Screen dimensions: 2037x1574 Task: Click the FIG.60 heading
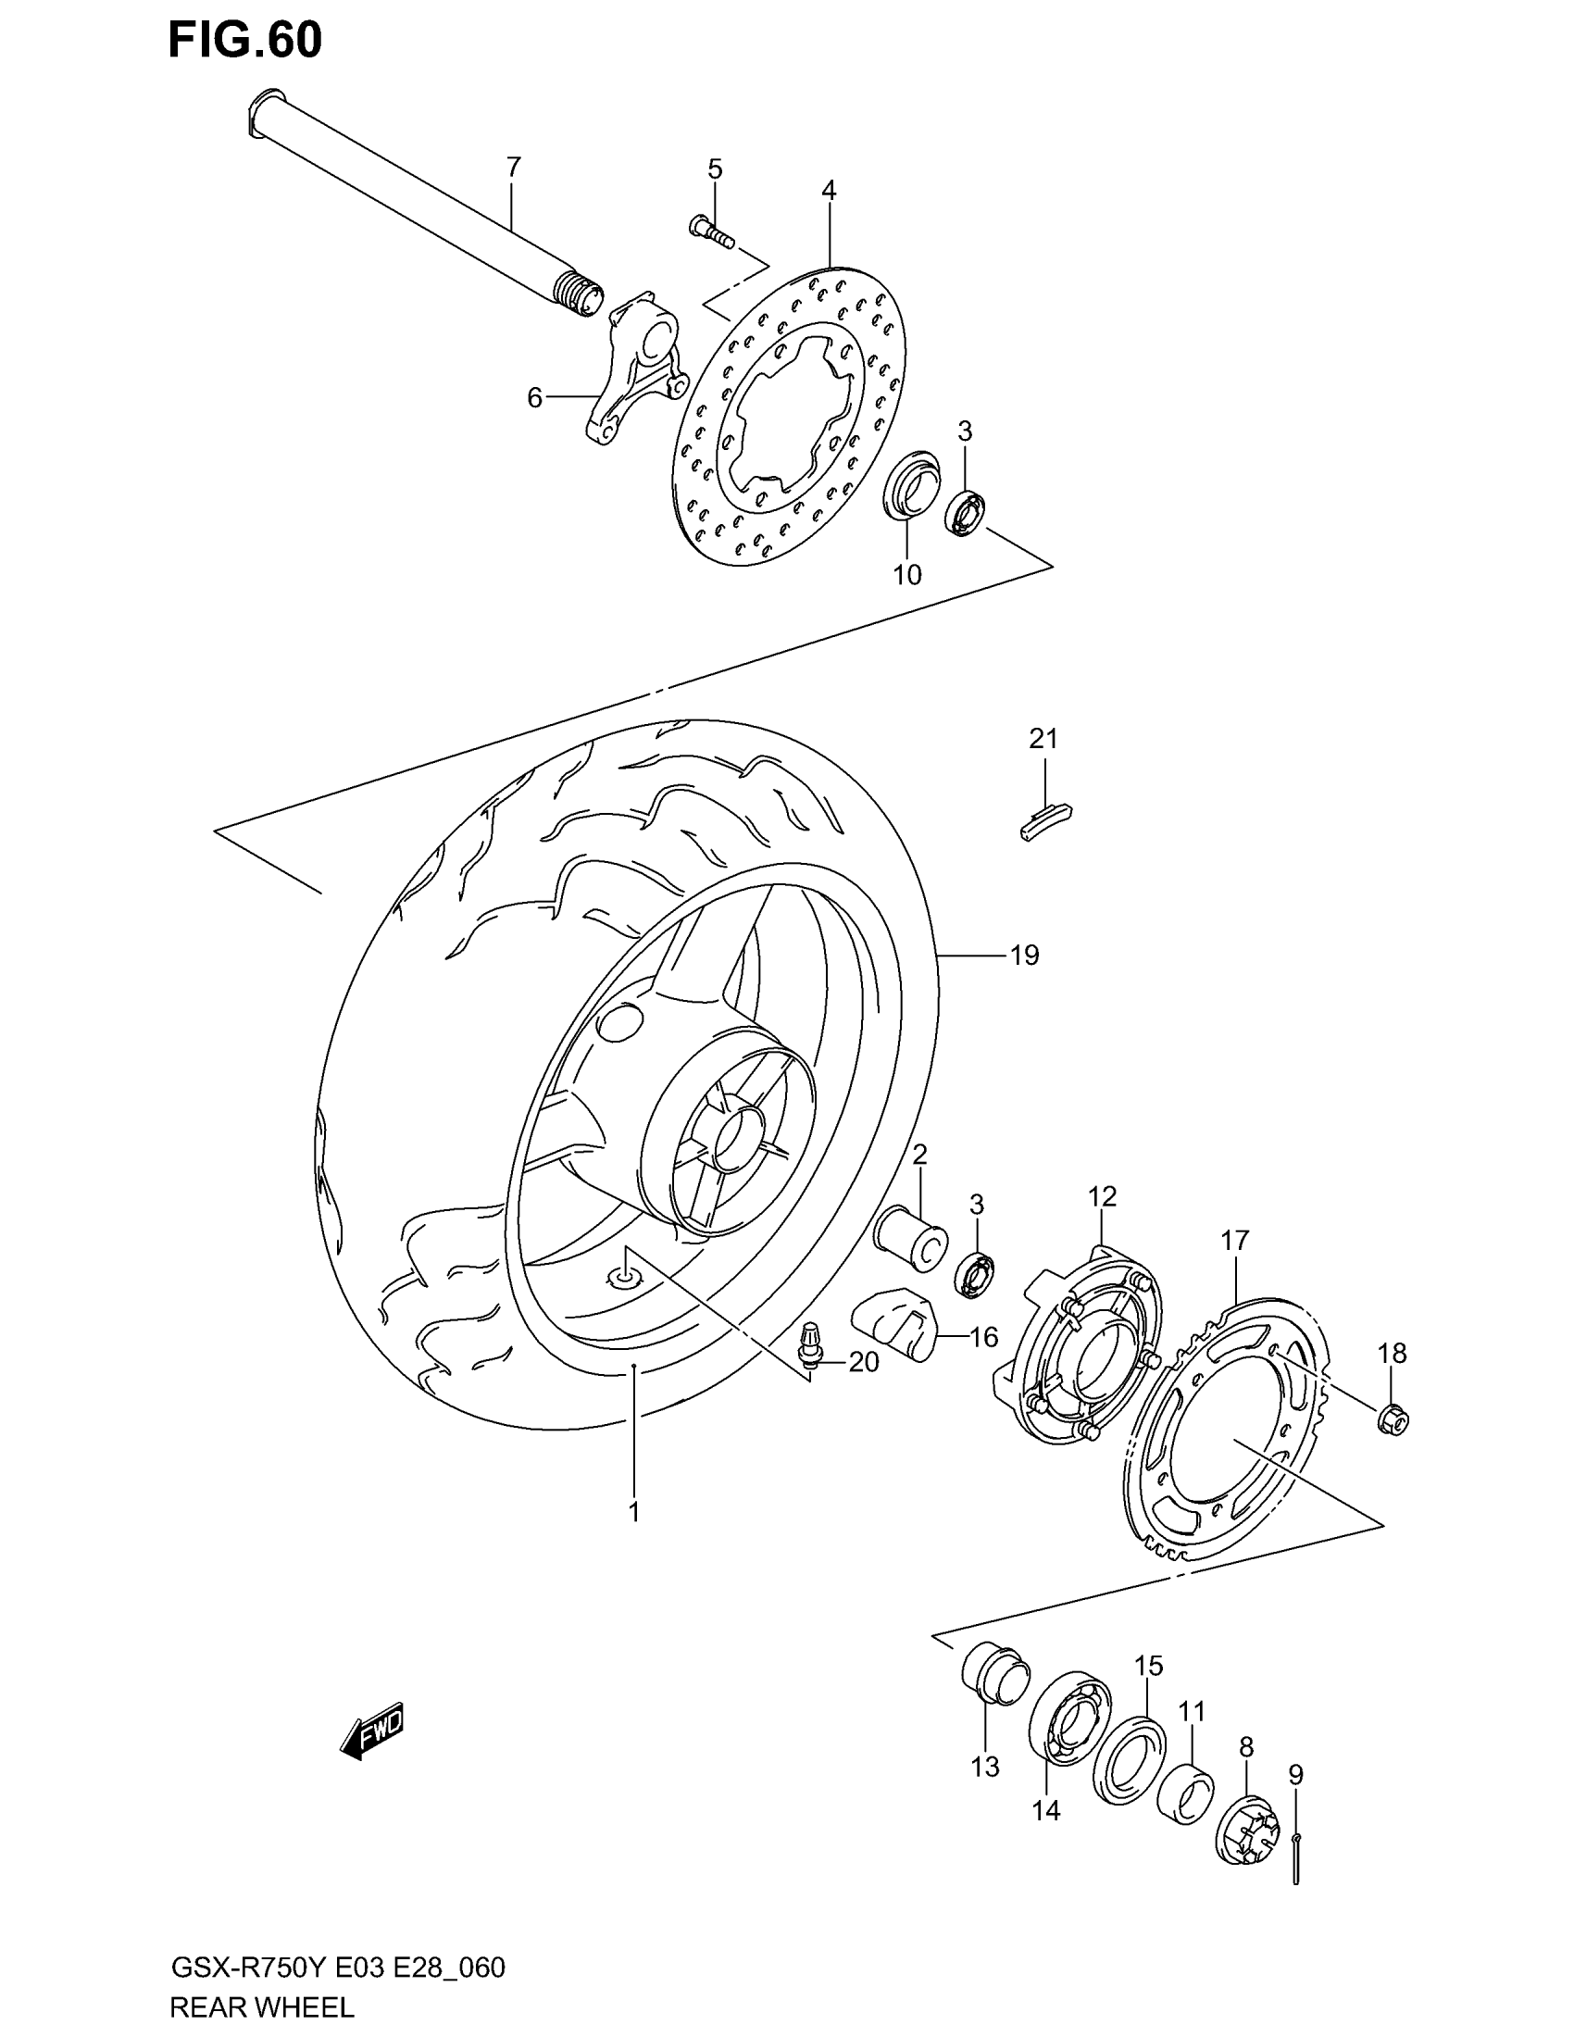(x=244, y=39)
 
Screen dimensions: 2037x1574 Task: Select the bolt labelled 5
(x=711, y=231)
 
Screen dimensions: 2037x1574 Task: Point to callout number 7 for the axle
(x=513, y=168)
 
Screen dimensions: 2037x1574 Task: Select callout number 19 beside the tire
(x=1024, y=956)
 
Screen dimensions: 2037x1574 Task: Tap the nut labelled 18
(x=1393, y=1419)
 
